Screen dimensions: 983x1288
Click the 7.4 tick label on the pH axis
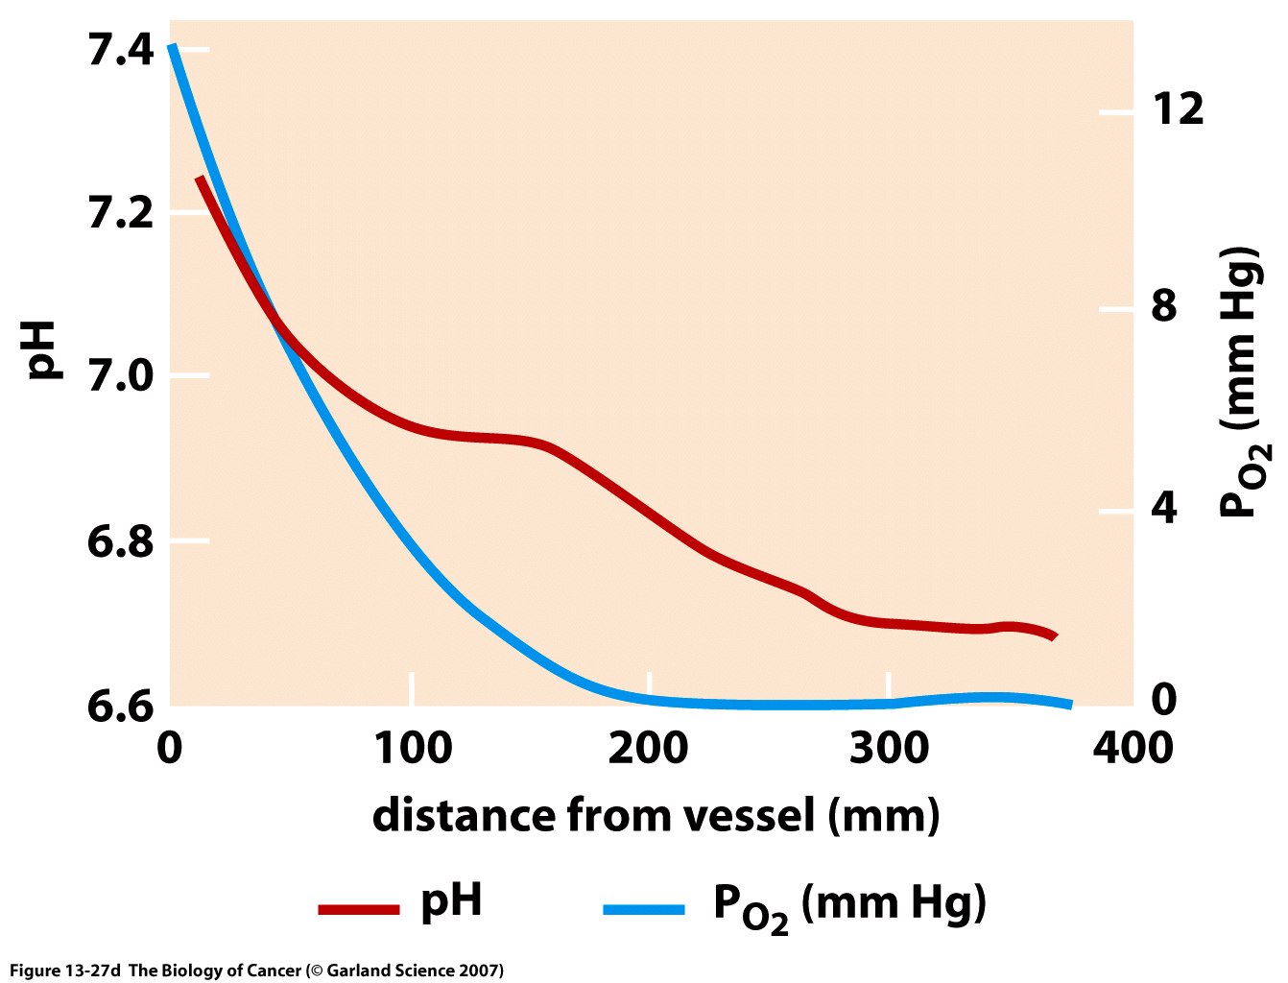[120, 50]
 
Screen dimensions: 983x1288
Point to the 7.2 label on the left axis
[120, 213]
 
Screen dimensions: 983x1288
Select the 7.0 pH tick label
[120, 376]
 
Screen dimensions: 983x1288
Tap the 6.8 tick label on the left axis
[120, 542]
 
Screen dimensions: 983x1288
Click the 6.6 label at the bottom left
[120, 706]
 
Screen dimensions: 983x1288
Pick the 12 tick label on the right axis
[1178, 109]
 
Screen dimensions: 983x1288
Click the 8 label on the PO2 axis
[1163, 307]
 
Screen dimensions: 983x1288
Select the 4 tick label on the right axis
[1163, 509]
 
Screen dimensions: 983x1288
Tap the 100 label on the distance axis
[412, 748]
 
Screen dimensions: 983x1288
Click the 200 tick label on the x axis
[649, 748]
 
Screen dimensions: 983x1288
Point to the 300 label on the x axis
[890, 748]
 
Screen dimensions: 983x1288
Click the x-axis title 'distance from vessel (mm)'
[656, 816]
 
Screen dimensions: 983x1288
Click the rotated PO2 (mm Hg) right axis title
[1243, 384]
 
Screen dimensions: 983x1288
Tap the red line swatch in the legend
[358, 908]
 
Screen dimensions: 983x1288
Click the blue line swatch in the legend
[644, 908]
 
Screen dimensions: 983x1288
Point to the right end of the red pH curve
[1053, 635]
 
